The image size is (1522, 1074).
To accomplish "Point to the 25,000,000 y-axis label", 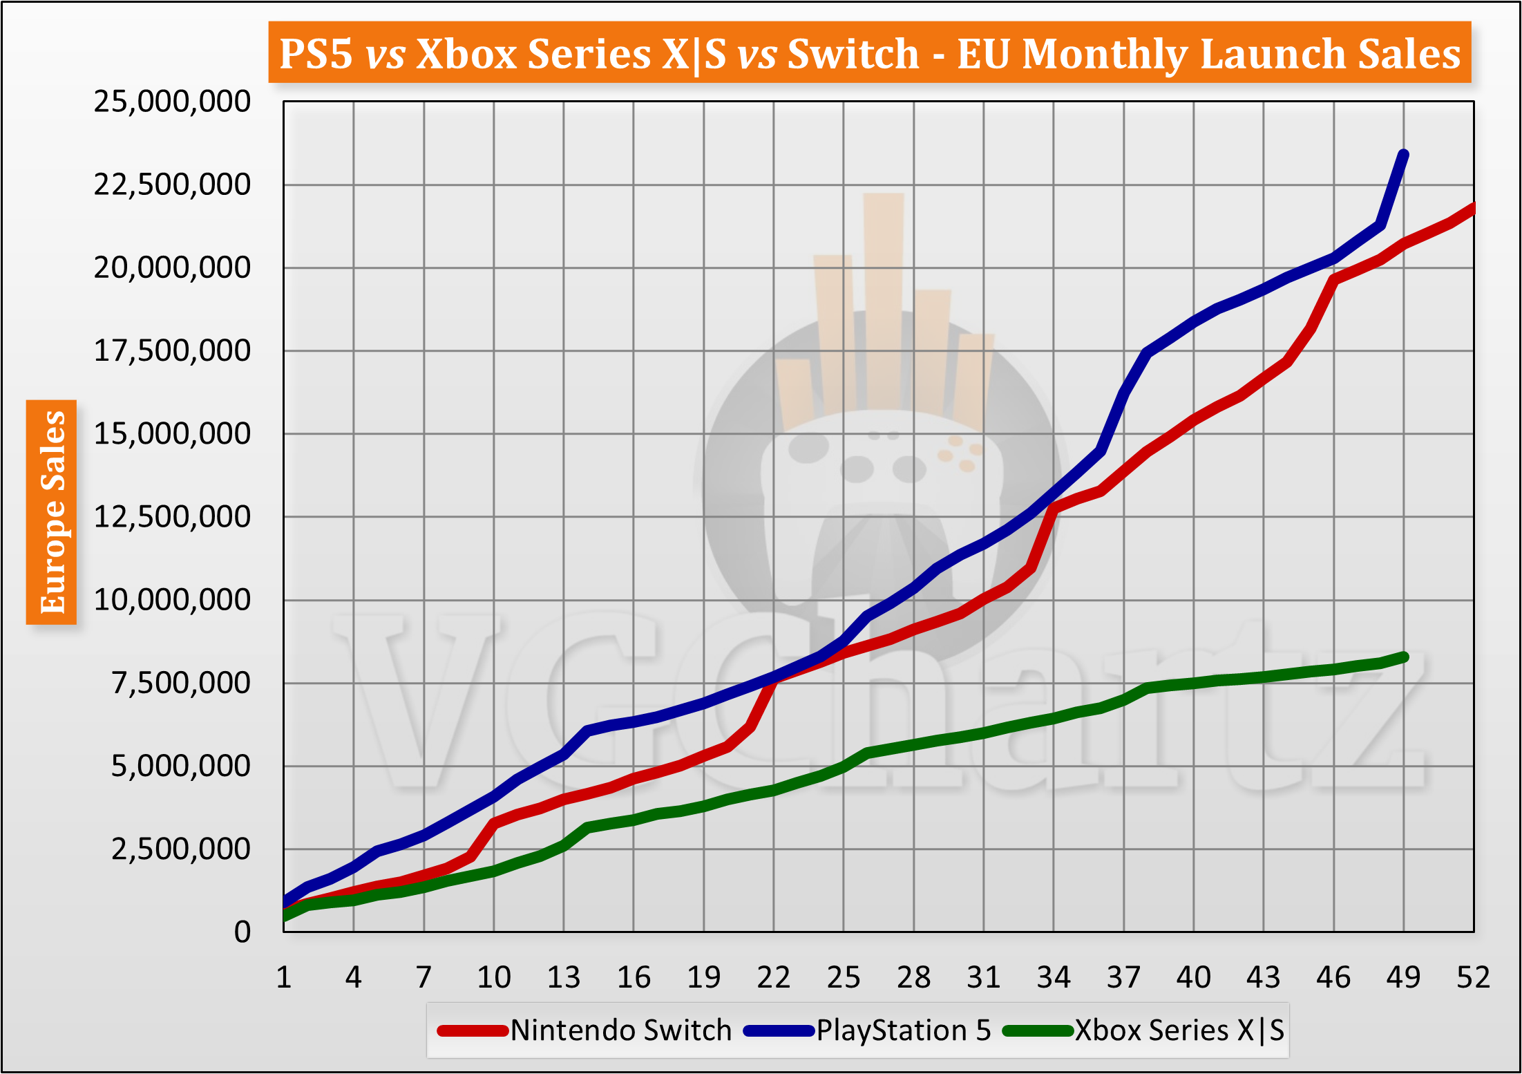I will tap(171, 102).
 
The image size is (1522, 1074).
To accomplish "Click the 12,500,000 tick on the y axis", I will tap(171, 517).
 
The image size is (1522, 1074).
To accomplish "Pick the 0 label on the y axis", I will tap(242, 932).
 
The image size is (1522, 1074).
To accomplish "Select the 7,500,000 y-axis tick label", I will tap(180, 683).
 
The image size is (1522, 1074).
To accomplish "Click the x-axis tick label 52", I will tap(1473, 978).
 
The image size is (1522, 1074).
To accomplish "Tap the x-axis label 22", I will tap(773, 978).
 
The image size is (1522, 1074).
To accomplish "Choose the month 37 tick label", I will tap(1123, 978).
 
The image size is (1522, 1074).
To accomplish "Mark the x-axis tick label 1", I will tap(283, 978).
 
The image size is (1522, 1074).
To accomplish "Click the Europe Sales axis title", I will tap(52, 512).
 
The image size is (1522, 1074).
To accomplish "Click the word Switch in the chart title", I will tap(853, 53).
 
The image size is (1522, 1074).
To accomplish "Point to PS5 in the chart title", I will tap(316, 53).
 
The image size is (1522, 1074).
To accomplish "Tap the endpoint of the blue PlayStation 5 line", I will tap(1403, 155).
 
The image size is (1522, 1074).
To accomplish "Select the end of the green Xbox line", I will tap(1403, 657).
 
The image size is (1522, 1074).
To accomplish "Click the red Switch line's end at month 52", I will tap(1472, 208).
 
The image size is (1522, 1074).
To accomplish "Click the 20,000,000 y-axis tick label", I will tap(171, 267).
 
